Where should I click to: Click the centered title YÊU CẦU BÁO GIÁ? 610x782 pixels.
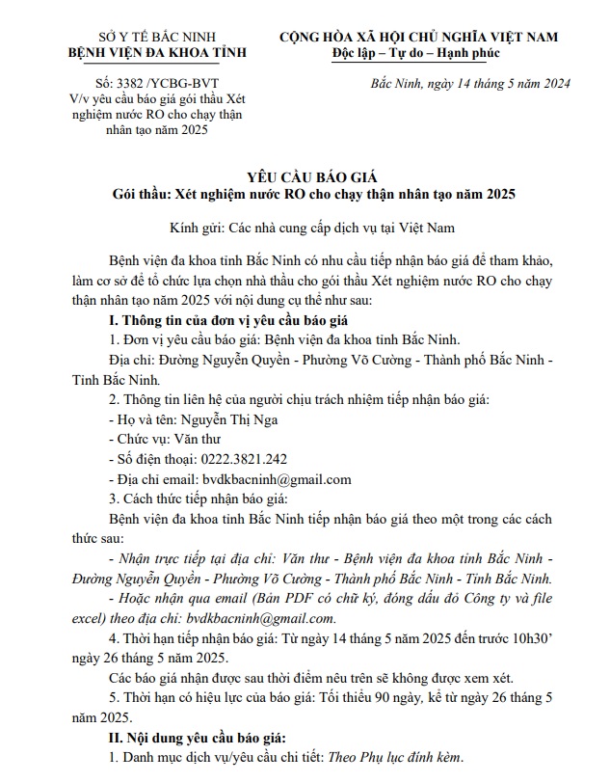(x=313, y=177)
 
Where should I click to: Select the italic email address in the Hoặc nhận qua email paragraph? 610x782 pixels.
(x=262, y=618)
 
